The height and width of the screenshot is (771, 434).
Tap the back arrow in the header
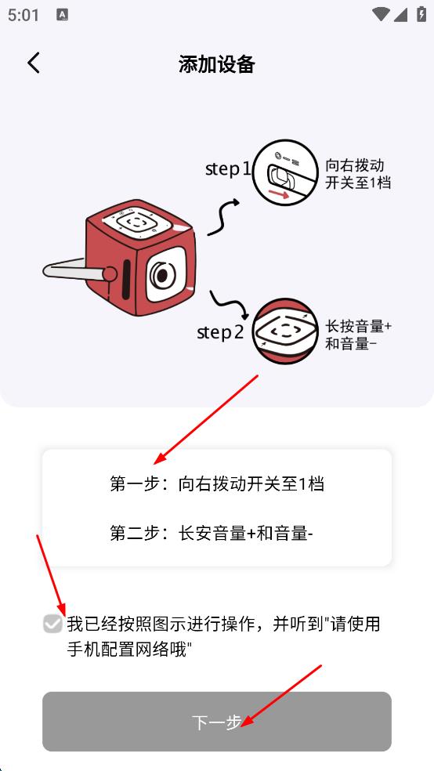tap(33, 63)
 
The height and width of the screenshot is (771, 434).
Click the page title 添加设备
tap(217, 64)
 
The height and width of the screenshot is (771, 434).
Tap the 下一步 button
tap(217, 722)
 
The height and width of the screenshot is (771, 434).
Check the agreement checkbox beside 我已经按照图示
tap(52, 624)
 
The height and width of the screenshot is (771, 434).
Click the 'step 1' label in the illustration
tap(228, 168)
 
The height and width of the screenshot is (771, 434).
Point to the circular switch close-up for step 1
tap(283, 173)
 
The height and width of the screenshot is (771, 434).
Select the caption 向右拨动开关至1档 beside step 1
tap(357, 174)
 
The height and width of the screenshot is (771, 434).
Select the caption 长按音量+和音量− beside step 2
tap(358, 335)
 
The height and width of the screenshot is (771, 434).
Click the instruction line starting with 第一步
tap(217, 483)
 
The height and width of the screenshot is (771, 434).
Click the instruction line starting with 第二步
tap(212, 534)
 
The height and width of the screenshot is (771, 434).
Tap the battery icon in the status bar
tap(421, 14)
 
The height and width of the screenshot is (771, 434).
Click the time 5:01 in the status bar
tap(24, 15)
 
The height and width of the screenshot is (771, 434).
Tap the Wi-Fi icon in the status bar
tap(382, 14)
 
